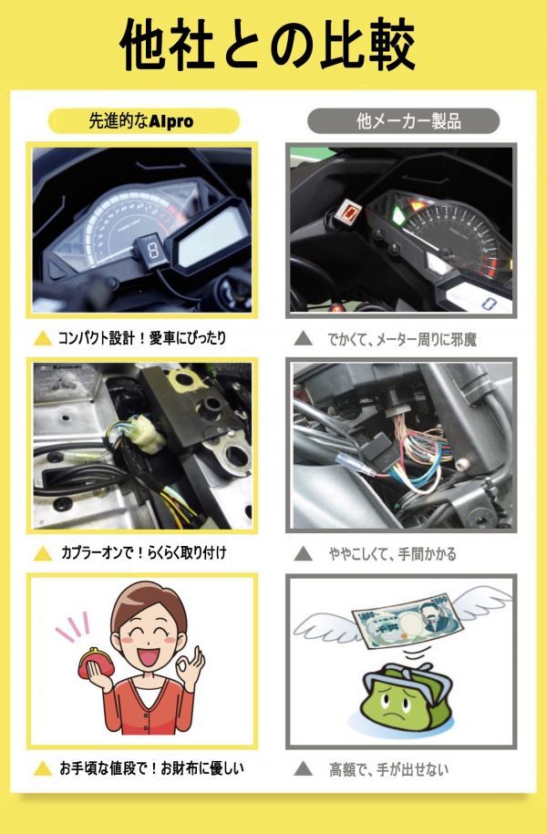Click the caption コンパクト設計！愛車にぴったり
(x=142, y=338)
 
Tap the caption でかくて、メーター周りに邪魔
(x=401, y=339)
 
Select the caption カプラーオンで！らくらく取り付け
(x=143, y=553)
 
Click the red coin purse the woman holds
(x=94, y=673)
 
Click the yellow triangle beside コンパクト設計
(x=42, y=339)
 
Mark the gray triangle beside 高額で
(x=303, y=769)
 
